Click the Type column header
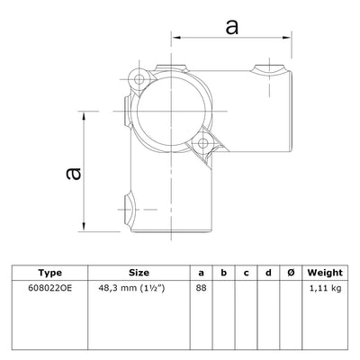click(51, 273)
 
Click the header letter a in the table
click(202, 273)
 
